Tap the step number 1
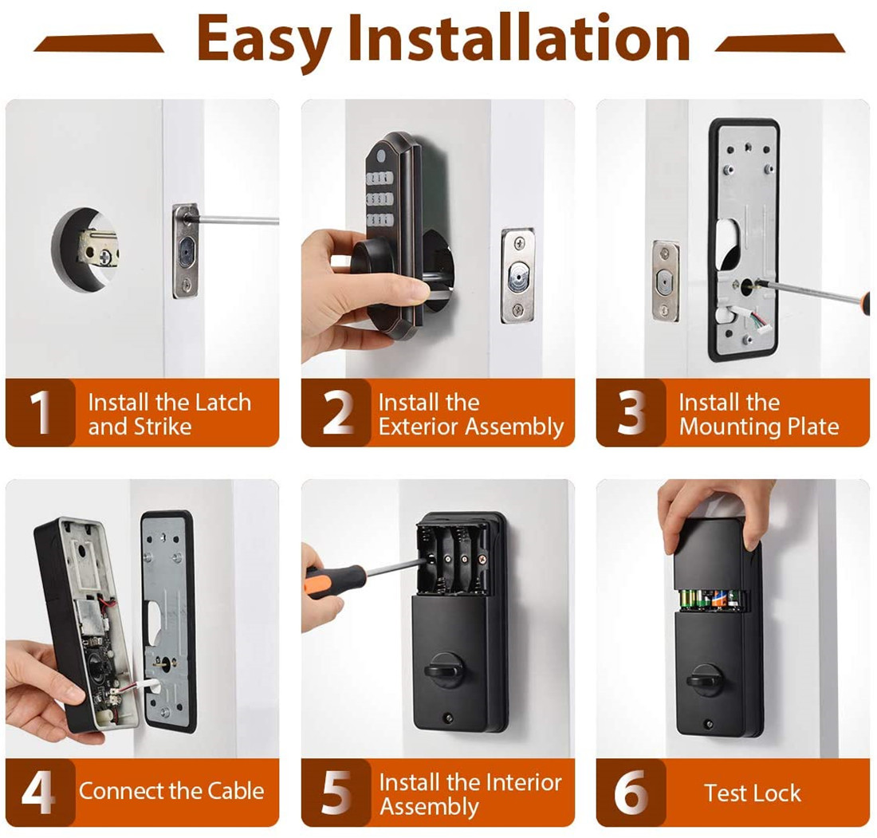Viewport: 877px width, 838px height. click(x=41, y=413)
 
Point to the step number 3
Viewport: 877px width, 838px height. click(x=631, y=413)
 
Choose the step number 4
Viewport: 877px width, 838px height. click(x=38, y=792)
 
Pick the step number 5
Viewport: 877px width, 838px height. click(x=336, y=792)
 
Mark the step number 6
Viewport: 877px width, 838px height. click(x=631, y=792)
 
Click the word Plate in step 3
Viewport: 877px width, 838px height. click(x=813, y=427)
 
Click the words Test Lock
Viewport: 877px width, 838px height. click(x=753, y=793)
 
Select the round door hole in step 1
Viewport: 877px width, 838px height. click(x=85, y=250)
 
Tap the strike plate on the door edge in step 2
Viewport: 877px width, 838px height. click(x=518, y=275)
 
